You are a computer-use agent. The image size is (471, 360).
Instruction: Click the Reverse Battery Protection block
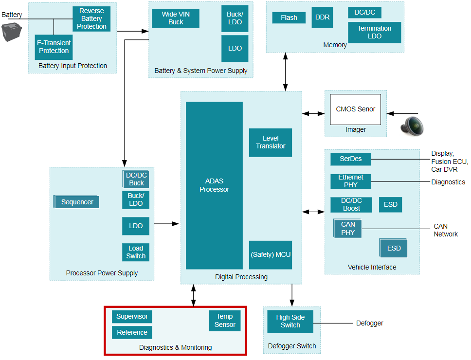coord(91,19)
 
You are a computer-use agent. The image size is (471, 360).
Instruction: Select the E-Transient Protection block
coord(54,47)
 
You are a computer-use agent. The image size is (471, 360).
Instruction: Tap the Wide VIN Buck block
coord(176,18)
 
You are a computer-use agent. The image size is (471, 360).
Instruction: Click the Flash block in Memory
coord(289,18)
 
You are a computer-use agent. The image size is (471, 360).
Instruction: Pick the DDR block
coord(323,18)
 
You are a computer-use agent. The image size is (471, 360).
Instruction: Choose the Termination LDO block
coord(375,32)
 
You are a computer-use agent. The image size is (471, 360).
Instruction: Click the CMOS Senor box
coord(356,109)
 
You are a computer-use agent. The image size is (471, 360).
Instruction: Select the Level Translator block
coord(271,143)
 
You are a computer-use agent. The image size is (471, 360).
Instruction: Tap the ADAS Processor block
coord(214,185)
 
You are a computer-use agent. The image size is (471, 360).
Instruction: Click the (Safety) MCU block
coord(271,255)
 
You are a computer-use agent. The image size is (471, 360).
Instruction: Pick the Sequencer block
coord(77,202)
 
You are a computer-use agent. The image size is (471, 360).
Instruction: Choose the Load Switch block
coord(136,252)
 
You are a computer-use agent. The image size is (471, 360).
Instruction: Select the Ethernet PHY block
coord(351,181)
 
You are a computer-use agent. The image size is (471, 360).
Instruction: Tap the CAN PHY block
coord(348,229)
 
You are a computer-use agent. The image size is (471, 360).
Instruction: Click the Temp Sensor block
coord(225,321)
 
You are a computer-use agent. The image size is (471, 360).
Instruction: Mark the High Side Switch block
coord(290,321)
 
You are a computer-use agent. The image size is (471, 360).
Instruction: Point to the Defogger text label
coord(369,323)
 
